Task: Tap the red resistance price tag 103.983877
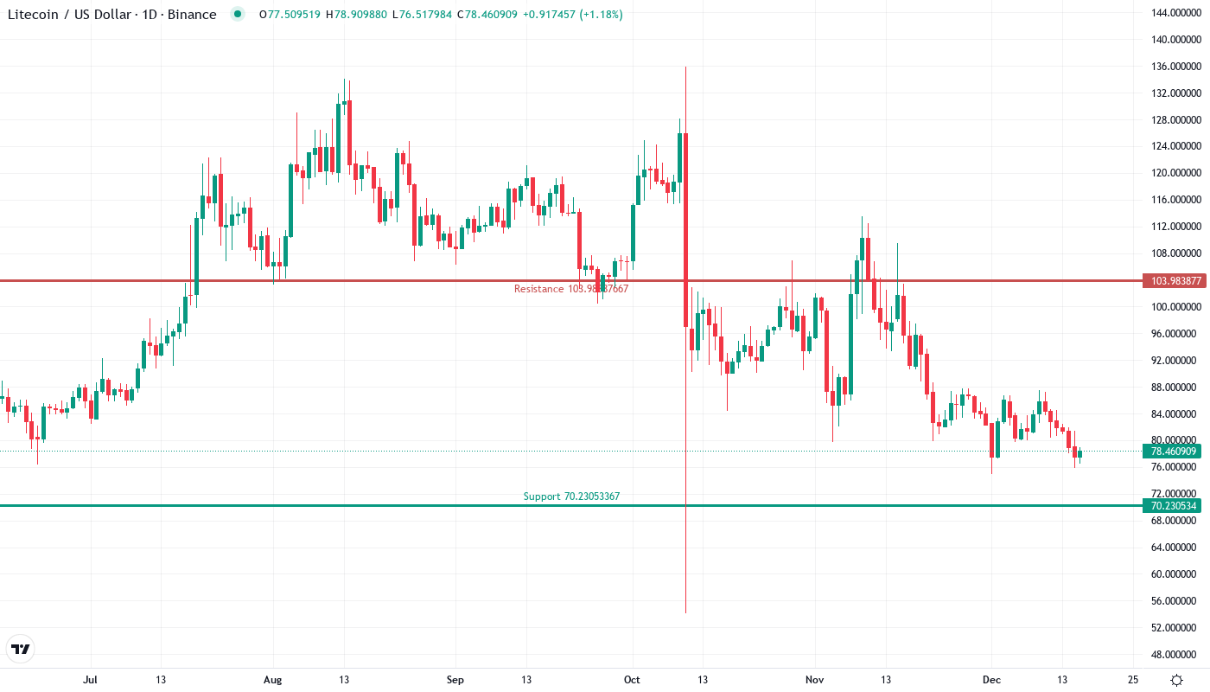(x=1172, y=281)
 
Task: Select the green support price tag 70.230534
(x=1172, y=506)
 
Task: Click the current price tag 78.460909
(x=1172, y=452)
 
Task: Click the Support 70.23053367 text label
(x=571, y=497)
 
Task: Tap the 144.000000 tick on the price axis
(x=1172, y=12)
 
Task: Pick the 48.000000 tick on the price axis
(x=1172, y=655)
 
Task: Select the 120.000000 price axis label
(x=1172, y=173)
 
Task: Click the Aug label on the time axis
(x=272, y=680)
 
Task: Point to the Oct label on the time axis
(x=632, y=680)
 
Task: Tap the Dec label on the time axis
(x=991, y=680)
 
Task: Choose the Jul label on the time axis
(x=89, y=680)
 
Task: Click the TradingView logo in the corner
(x=20, y=649)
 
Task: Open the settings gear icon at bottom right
(x=1176, y=680)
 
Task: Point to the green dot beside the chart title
(x=238, y=15)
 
